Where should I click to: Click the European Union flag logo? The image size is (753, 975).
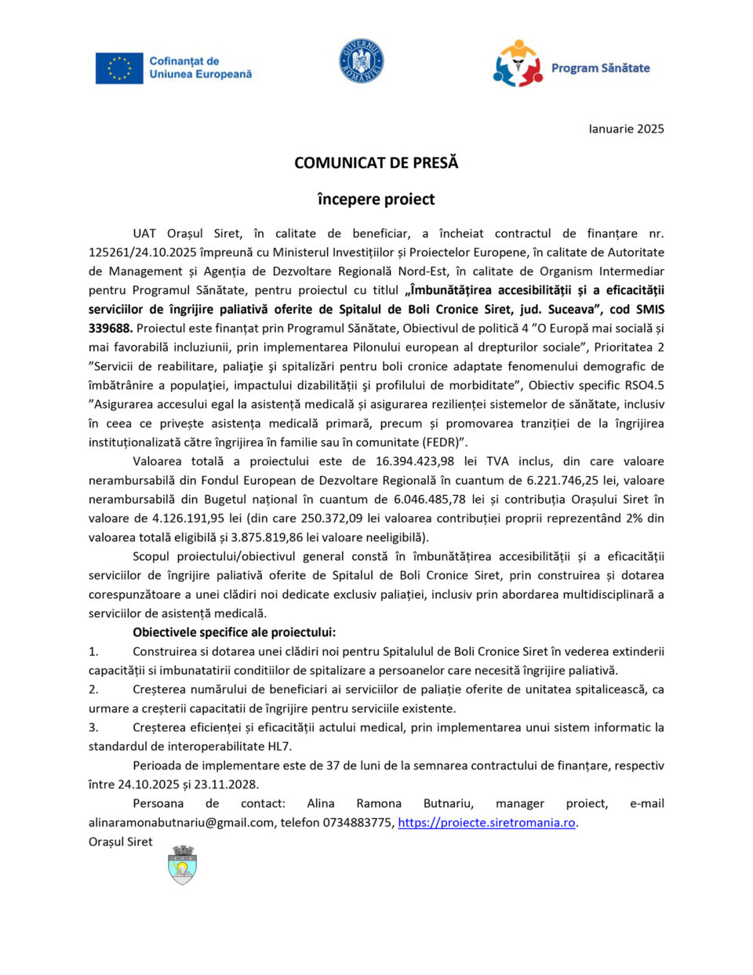[119, 68]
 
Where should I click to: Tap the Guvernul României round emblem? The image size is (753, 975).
[362, 61]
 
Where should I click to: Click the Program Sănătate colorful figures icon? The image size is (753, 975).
[518, 64]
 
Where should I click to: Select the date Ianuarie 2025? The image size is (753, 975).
[626, 129]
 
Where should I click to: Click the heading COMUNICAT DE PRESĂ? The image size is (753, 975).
[376, 163]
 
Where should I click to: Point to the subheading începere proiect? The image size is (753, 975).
[376, 199]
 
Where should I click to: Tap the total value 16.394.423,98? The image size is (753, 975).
[414, 461]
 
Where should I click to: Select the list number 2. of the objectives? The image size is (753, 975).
[93, 689]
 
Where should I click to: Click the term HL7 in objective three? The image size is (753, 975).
[278, 747]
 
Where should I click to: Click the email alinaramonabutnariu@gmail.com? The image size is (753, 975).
[181, 823]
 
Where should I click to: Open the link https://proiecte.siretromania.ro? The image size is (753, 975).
[486, 823]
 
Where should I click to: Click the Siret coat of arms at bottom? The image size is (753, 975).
[182, 865]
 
